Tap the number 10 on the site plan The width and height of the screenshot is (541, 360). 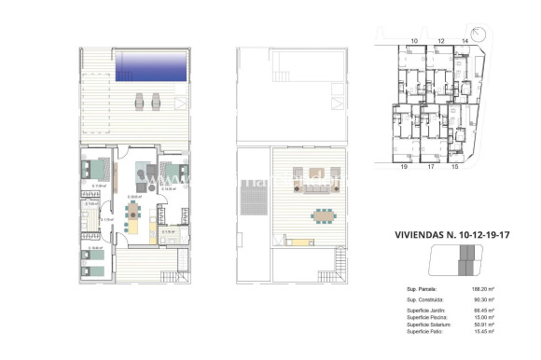click(x=413, y=42)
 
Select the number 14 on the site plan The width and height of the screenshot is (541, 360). click(x=465, y=42)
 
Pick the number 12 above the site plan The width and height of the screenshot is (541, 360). click(x=439, y=42)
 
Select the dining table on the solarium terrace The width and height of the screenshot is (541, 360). click(x=323, y=215)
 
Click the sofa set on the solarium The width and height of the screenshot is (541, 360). click(x=307, y=177)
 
